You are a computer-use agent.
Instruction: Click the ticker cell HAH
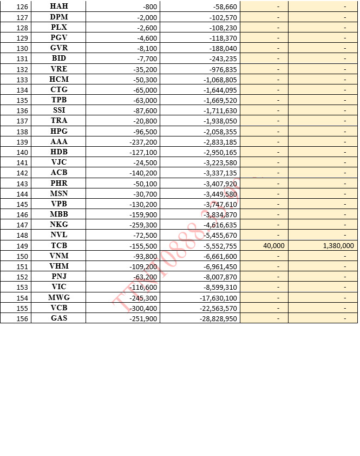[x=58, y=6]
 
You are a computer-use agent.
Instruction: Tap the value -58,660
[x=222, y=6]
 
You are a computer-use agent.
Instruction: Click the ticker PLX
[x=58, y=27]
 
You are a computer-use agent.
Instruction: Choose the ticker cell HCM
[x=58, y=80]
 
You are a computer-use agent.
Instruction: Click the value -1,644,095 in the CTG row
[x=220, y=90]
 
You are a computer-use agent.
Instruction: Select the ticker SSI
[x=58, y=110]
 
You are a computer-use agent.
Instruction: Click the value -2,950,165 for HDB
[x=220, y=152]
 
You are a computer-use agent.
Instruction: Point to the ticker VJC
[x=58, y=162]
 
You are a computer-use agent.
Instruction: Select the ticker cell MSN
[x=58, y=194]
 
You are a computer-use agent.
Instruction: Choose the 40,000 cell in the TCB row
[x=273, y=246]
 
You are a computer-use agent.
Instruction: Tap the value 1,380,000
[x=338, y=246]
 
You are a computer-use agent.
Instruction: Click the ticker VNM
[x=58, y=256]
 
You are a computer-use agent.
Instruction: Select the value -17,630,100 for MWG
[x=218, y=298]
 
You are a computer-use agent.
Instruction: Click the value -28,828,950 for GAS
[x=218, y=318]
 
